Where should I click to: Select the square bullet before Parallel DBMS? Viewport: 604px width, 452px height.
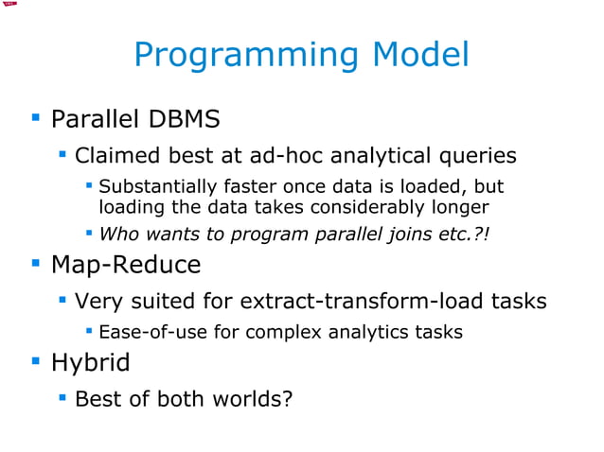[x=36, y=119]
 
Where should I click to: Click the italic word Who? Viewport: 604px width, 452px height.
[x=117, y=233]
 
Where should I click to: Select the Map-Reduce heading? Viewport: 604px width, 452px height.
[x=126, y=265]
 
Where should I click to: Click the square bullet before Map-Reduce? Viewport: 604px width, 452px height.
[x=36, y=264]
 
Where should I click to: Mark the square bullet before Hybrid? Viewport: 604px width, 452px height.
[x=36, y=361]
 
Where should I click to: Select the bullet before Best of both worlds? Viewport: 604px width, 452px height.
[x=62, y=397]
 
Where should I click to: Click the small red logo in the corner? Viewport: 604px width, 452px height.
[x=10, y=5]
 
